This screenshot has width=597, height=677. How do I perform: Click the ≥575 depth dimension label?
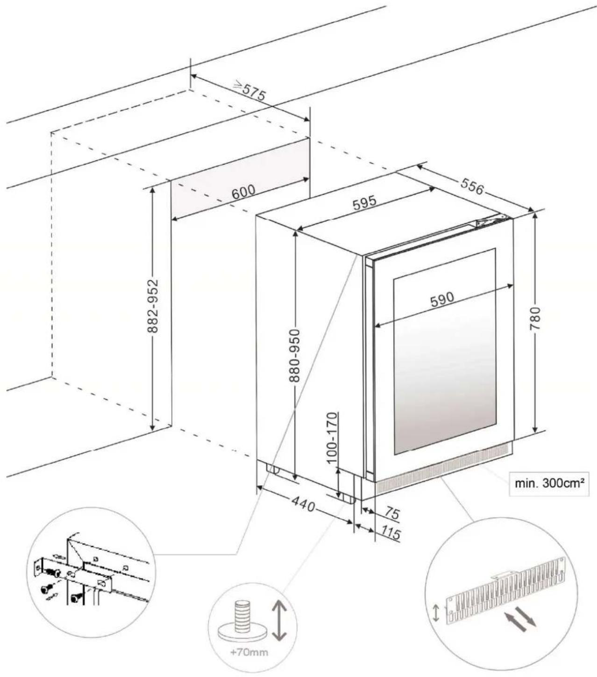tap(249, 91)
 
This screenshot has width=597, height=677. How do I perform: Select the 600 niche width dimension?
tap(243, 192)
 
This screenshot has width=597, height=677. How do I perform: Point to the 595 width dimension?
tap(364, 202)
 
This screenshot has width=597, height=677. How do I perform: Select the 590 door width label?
tap(441, 299)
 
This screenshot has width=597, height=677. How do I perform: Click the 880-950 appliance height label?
tap(294, 355)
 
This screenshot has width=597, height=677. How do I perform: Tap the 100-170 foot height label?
tap(332, 438)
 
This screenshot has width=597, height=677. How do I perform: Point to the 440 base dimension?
tap(304, 504)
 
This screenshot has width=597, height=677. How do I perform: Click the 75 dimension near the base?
tap(392, 514)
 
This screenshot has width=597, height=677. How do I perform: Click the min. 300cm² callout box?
tap(549, 483)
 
